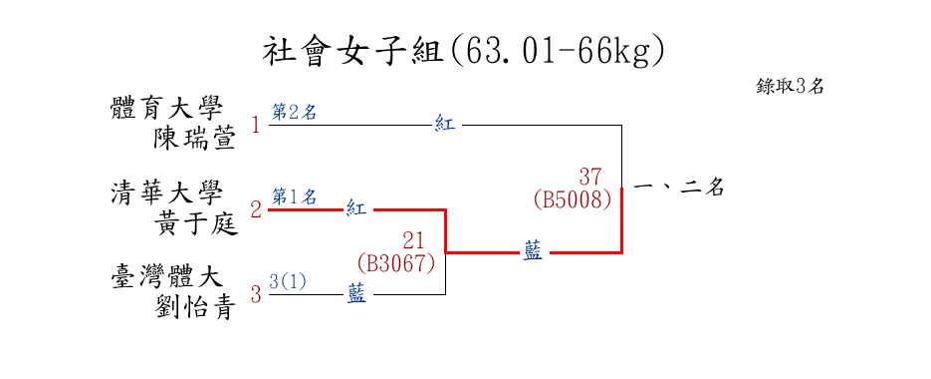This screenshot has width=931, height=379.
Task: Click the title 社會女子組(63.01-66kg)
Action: [463, 53]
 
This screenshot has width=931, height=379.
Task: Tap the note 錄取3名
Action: [790, 86]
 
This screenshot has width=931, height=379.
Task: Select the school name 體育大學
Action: [167, 110]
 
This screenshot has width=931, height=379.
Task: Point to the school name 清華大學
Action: [167, 193]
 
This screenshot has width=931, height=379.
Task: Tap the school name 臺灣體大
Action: [167, 278]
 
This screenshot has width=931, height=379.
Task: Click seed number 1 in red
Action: [256, 126]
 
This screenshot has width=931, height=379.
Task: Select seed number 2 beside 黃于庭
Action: [256, 210]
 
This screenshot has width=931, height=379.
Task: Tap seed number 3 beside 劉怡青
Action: [256, 294]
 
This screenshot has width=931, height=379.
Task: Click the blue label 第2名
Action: [294, 113]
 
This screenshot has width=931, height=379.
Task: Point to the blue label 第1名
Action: [294, 196]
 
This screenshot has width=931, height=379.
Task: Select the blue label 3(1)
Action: [288, 281]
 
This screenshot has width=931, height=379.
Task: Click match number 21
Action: [414, 241]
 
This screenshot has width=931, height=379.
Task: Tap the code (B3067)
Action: [396, 263]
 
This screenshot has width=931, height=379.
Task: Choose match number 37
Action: [590, 177]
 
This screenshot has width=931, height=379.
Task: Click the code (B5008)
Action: [573, 199]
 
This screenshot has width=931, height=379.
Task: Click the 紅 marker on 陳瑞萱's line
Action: [445, 125]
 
